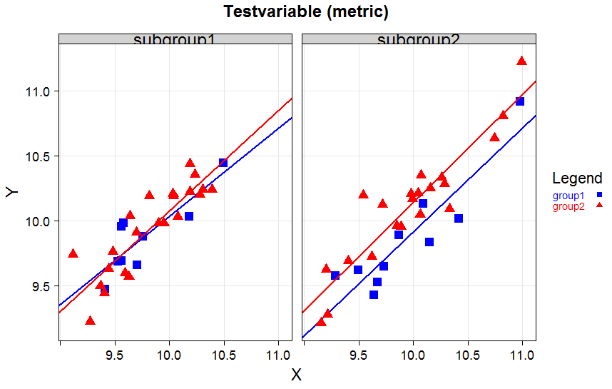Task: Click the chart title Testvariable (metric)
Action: [306, 12]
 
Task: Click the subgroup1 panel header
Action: [175, 39]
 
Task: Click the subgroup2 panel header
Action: [419, 39]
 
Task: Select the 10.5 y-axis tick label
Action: [39, 156]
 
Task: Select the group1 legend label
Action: [568, 196]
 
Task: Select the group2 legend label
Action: [568, 206]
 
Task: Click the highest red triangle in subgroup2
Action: [521, 61]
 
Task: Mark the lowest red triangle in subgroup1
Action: [90, 320]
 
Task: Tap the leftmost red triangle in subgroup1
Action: [73, 253]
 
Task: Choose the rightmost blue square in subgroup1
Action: [223, 163]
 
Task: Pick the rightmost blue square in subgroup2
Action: [520, 101]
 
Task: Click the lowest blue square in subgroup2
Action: [374, 294]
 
